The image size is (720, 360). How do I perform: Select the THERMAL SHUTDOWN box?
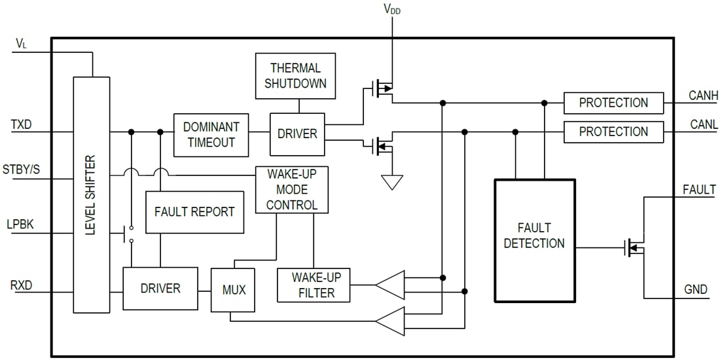[295, 76]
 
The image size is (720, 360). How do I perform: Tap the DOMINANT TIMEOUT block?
[211, 135]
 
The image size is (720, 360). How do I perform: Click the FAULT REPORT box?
[194, 212]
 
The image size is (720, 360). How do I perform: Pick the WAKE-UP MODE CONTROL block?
[291, 190]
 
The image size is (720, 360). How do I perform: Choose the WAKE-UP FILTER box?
[314, 285]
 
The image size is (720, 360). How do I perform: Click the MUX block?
[234, 289]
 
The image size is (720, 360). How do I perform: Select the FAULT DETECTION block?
[534, 240]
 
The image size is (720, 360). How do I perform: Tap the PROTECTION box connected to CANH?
[613, 103]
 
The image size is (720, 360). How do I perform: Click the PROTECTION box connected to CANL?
[613, 132]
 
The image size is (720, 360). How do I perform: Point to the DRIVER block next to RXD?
[160, 289]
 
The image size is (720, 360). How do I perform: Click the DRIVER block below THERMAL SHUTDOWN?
[297, 134]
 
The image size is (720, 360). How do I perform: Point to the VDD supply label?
[392, 9]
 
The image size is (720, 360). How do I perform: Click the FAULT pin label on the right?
[698, 190]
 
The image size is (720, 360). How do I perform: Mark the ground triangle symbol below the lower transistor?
[391, 181]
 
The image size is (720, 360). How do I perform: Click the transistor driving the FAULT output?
[636, 247]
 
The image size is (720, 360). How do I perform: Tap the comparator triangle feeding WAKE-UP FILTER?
[389, 284]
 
